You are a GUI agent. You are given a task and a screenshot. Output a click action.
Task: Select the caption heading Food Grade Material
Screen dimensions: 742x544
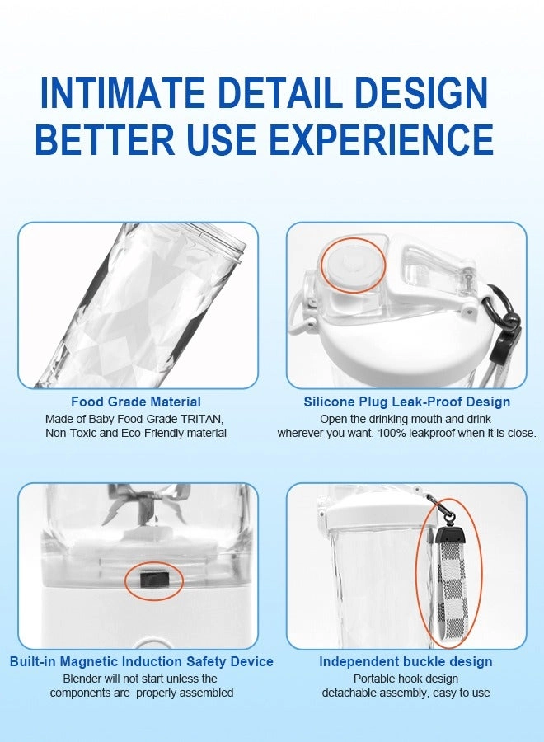click(136, 402)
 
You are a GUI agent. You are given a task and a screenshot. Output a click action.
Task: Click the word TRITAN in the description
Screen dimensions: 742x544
click(201, 419)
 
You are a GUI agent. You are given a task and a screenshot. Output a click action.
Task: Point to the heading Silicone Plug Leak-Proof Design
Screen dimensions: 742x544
click(407, 402)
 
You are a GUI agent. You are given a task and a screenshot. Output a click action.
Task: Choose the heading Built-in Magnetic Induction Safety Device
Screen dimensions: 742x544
click(142, 661)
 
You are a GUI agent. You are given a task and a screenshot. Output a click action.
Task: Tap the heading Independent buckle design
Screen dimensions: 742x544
click(406, 661)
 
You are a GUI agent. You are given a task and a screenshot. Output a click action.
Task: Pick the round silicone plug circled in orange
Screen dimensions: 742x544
click(351, 265)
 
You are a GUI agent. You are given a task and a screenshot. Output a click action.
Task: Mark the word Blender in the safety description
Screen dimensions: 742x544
click(82, 679)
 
